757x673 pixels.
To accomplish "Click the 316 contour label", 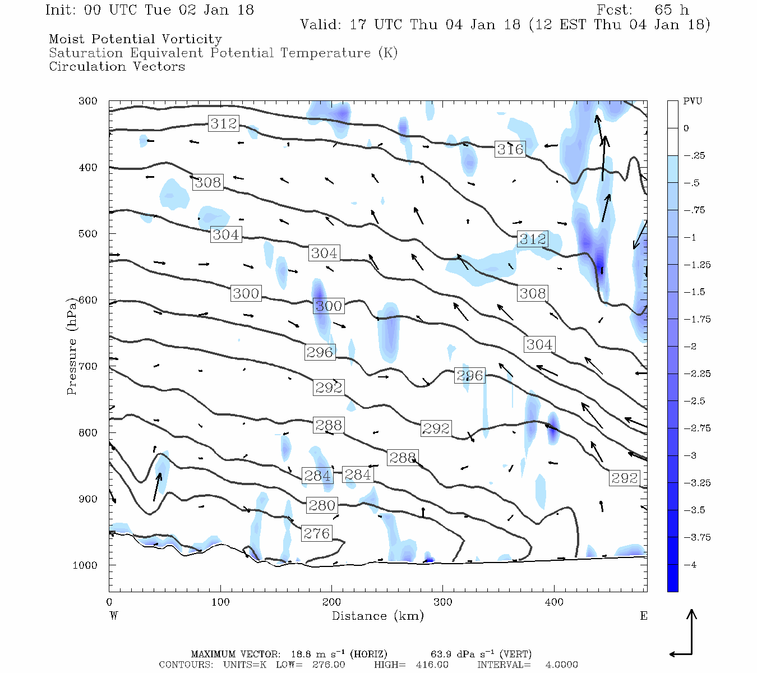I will tap(510, 149).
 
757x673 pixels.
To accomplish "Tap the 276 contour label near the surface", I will tap(316, 533).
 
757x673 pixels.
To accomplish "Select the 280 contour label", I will tap(322, 505).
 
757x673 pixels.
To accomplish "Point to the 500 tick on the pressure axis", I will tap(87, 233).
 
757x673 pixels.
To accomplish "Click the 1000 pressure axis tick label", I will tap(85, 565).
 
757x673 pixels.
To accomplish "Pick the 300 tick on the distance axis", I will tap(443, 602).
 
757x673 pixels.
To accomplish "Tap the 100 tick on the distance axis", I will tap(220, 602).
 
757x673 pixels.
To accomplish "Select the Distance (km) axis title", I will tap(377, 616).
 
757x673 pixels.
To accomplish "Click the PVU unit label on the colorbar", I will tap(693, 102).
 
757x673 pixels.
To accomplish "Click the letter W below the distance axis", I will tap(114, 616).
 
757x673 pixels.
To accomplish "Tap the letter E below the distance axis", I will tap(643, 616).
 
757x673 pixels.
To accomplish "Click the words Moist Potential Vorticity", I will tap(135, 39).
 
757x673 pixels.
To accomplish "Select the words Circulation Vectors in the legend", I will tap(117, 66).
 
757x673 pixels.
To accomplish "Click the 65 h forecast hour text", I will tap(671, 10).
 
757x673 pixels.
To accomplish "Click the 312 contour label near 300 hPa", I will tap(224, 123).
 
